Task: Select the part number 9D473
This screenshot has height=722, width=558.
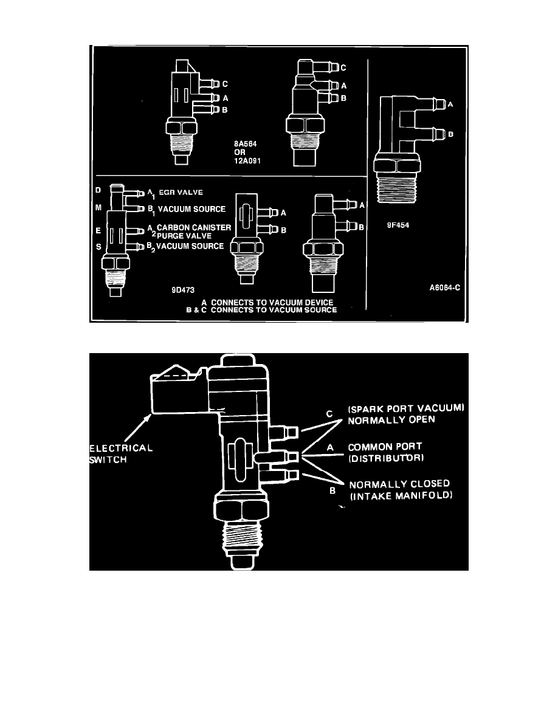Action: pos(183,289)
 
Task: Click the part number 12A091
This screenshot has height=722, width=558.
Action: pos(247,160)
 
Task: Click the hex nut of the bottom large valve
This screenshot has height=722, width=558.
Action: pos(241,504)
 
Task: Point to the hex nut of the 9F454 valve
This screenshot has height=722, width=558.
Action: pos(396,164)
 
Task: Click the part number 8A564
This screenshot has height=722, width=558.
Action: pos(244,144)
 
